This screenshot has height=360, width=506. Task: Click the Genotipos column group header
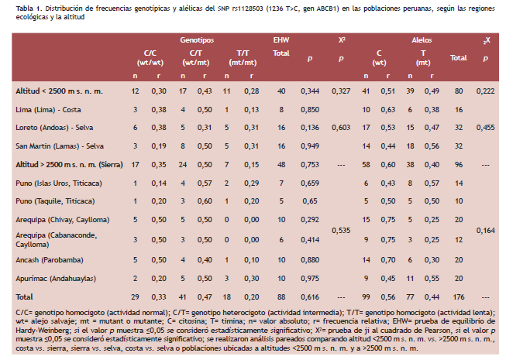point(197,40)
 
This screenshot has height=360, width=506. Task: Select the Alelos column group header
point(422,40)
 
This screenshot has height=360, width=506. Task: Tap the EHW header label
point(281,40)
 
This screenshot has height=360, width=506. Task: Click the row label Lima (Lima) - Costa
point(48,110)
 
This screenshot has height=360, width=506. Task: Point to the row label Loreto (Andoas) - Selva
point(54,128)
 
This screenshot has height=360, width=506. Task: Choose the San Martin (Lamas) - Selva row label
point(60,146)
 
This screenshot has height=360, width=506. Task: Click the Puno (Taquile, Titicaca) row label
point(55,201)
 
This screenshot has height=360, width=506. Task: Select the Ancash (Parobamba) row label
point(50,260)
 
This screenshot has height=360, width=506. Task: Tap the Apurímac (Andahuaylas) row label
point(56,279)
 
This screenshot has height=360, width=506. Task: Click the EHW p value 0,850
point(310,110)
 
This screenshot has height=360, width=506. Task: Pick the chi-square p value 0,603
point(341,128)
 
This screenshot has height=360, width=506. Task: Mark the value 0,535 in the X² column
point(341,231)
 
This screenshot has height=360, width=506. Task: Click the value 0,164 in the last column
point(485,231)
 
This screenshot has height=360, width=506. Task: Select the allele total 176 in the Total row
point(459,297)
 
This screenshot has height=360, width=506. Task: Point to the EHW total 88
point(281,297)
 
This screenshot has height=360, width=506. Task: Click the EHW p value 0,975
point(310,279)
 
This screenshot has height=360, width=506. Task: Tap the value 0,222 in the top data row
point(485,91)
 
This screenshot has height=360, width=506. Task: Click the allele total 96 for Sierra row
point(459,165)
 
